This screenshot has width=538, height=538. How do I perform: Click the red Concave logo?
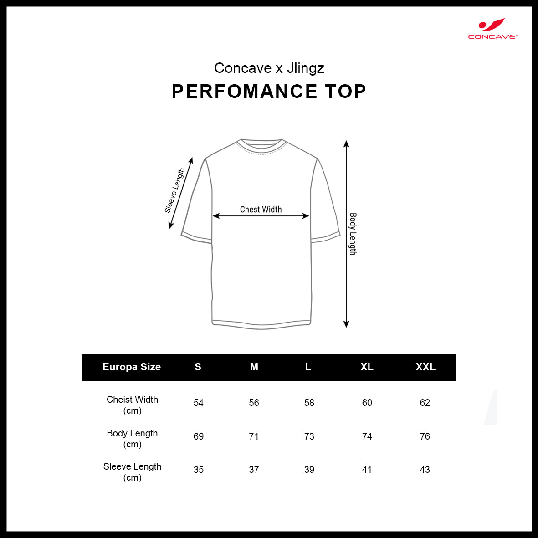pyautogui.click(x=492, y=29)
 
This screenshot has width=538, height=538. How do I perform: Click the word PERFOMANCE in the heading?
pyautogui.click(x=245, y=91)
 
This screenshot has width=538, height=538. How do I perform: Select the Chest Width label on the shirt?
pyautogui.click(x=261, y=209)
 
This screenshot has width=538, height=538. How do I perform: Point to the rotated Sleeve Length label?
pyautogui.click(x=174, y=190)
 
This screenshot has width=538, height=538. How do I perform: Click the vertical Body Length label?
pyautogui.click(x=353, y=234)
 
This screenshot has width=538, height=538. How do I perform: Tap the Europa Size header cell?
pyautogui.click(x=132, y=367)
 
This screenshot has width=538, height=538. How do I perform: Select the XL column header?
pyautogui.click(x=367, y=367)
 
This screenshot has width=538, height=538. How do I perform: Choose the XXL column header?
pyautogui.click(x=425, y=367)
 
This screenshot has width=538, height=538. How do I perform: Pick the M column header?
pyautogui.click(x=254, y=367)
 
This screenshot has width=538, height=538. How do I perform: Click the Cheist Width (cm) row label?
pyautogui.click(x=133, y=405)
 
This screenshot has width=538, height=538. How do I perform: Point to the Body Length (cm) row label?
pyautogui.click(x=133, y=439)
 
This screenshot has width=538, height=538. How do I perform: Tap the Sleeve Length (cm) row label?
pyautogui.click(x=133, y=472)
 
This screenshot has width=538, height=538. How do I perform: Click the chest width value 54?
pyautogui.click(x=199, y=402)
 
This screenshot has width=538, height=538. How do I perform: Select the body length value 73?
pyautogui.click(x=309, y=436)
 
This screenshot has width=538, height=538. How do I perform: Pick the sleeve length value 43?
pyautogui.click(x=425, y=469)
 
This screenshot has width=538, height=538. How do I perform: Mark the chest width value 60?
pyautogui.click(x=367, y=402)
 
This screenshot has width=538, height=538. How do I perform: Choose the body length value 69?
pyautogui.click(x=199, y=436)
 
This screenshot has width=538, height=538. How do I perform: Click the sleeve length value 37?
pyautogui.click(x=254, y=469)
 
